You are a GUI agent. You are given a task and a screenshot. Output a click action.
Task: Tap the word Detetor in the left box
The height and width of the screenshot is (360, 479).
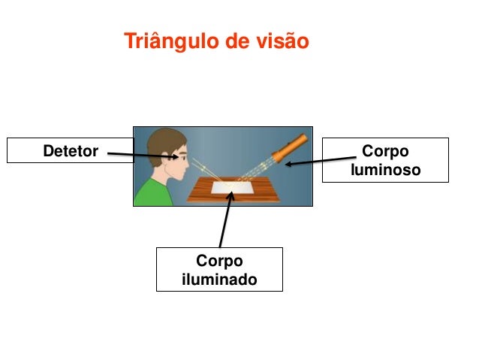click(71, 152)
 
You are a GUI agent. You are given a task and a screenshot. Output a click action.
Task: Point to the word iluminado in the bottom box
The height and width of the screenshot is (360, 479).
click(219, 280)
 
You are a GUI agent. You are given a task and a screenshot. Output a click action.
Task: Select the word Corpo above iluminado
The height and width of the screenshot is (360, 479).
click(219, 261)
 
